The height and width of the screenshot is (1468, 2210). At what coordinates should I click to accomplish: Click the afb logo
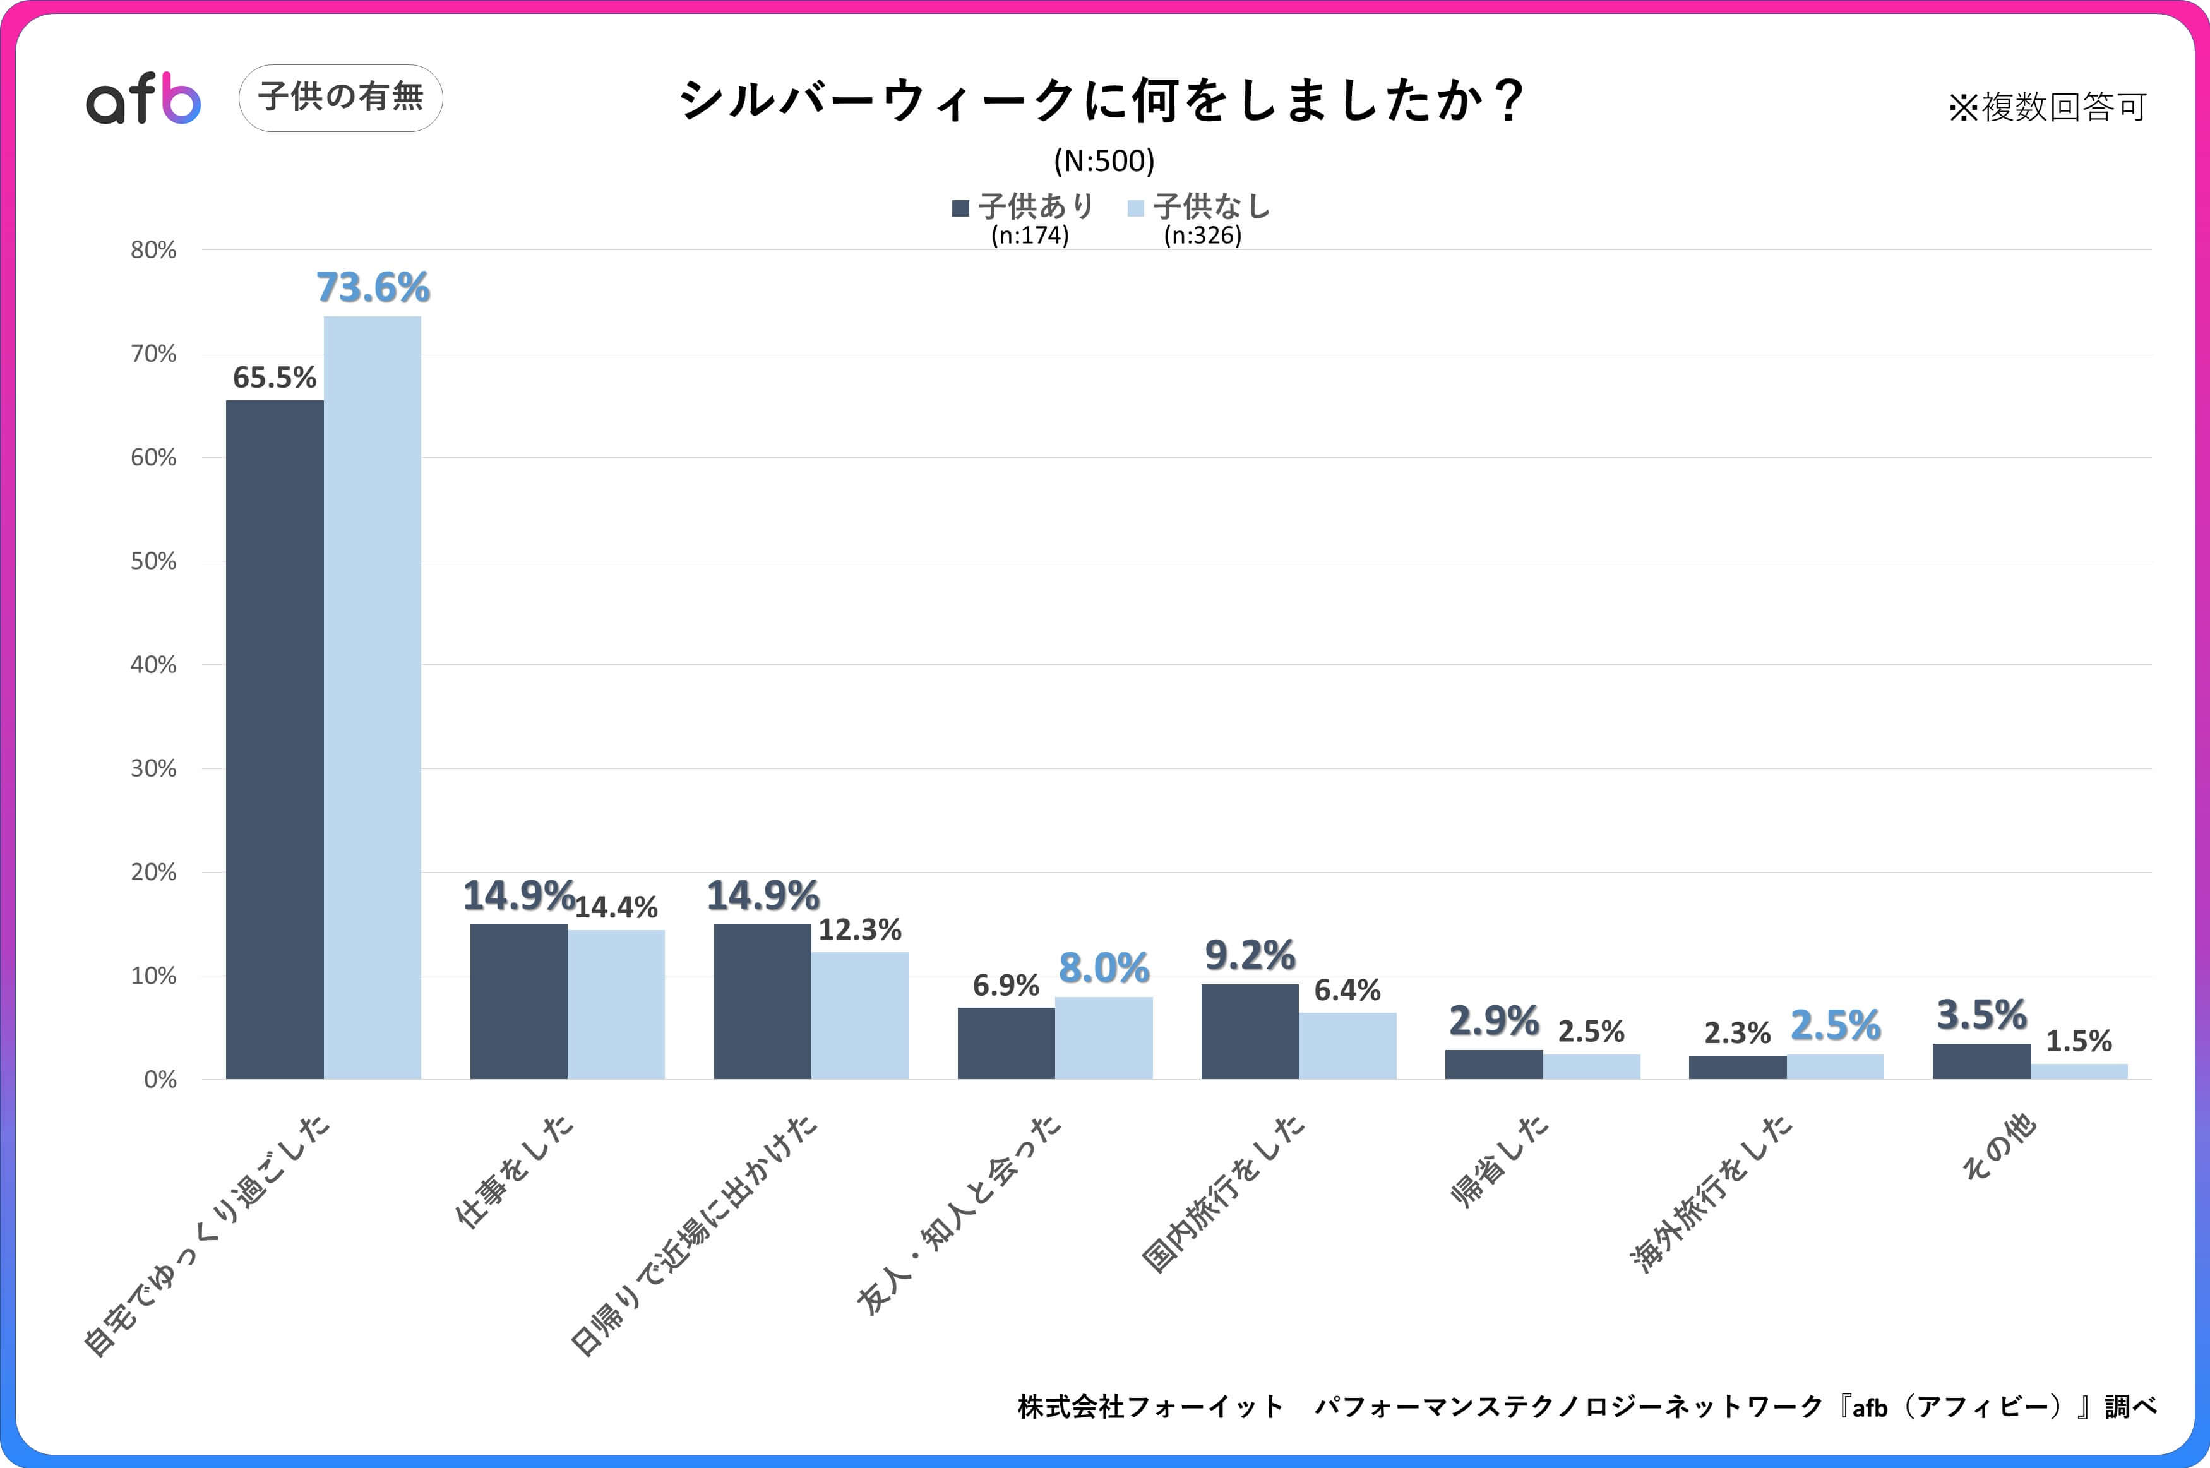point(143,98)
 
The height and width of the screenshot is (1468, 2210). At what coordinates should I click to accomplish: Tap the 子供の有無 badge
point(341,97)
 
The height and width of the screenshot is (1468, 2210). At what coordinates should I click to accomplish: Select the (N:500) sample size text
point(1104,161)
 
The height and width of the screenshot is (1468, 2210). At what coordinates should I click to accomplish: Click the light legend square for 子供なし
point(1135,208)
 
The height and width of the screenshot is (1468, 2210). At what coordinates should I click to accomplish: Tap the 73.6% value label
point(373,287)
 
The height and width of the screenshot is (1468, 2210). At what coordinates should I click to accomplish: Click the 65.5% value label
point(274,378)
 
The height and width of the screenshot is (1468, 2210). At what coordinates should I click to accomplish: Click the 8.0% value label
point(1104,968)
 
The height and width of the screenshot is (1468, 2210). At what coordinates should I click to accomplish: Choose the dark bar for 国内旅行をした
point(1250,1031)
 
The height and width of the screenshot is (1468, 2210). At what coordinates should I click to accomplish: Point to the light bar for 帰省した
point(1591,1066)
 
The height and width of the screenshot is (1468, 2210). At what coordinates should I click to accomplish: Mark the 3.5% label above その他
point(1981,1015)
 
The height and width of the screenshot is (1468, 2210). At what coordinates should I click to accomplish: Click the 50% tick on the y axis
point(153,561)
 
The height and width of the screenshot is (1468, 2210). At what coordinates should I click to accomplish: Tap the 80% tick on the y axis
point(153,250)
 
